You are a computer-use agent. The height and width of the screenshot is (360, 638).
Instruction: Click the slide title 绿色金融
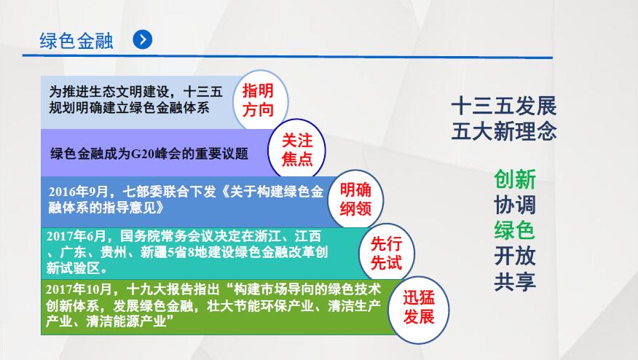pyautogui.click(x=76, y=41)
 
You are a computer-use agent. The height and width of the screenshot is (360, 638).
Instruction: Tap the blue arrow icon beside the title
pyautogui.click(x=143, y=39)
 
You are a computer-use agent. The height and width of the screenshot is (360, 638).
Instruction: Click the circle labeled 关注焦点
pyautogui.click(x=296, y=149)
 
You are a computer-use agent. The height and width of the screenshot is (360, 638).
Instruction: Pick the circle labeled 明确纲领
pyautogui.click(x=355, y=199)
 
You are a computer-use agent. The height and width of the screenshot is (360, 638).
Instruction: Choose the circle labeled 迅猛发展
pyautogui.click(x=419, y=308)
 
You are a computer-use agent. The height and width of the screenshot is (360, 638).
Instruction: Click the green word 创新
pyautogui.click(x=515, y=179)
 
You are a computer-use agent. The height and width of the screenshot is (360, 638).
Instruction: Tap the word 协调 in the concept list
pyautogui.click(x=515, y=205)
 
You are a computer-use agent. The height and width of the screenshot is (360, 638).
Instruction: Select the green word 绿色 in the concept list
pyautogui.click(x=515, y=230)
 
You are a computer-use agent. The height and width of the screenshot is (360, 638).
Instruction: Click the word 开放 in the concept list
pyautogui.click(x=515, y=256)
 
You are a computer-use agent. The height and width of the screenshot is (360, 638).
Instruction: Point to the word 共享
pyautogui.click(x=515, y=281)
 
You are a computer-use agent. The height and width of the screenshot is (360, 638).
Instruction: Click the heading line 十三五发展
pyautogui.click(x=504, y=106)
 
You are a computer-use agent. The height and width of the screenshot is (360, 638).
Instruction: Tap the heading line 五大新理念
pyautogui.click(x=504, y=131)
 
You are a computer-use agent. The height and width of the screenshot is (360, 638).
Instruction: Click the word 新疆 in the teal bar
pyautogui.click(x=154, y=252)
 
